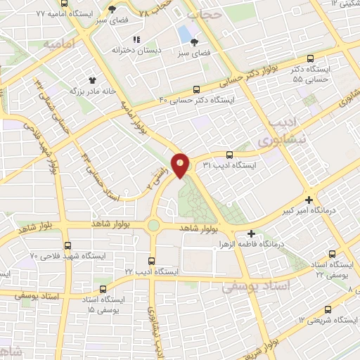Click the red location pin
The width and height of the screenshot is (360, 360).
(181, 165)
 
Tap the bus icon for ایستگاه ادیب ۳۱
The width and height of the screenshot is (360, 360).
(229, 155)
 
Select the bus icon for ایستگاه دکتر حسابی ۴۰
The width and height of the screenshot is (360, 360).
(196, 89)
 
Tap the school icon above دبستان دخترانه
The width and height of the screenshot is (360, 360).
(137, 39)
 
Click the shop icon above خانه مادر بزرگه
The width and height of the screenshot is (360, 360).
(91, 80)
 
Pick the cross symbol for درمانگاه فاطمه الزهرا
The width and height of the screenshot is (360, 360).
(251, 234)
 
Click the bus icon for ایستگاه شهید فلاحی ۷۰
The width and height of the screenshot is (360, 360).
(67, 245)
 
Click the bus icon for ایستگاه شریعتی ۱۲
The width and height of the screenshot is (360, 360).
(328, 309)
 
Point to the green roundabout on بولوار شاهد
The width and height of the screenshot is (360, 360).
(153, 225)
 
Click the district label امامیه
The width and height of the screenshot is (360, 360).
(59, 44)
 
